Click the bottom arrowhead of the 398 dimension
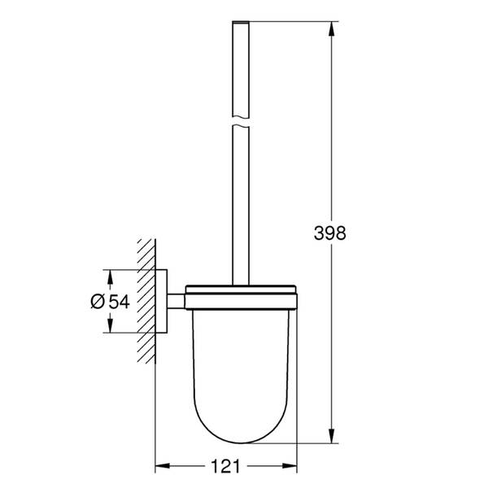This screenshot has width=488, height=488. click(331, 440)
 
